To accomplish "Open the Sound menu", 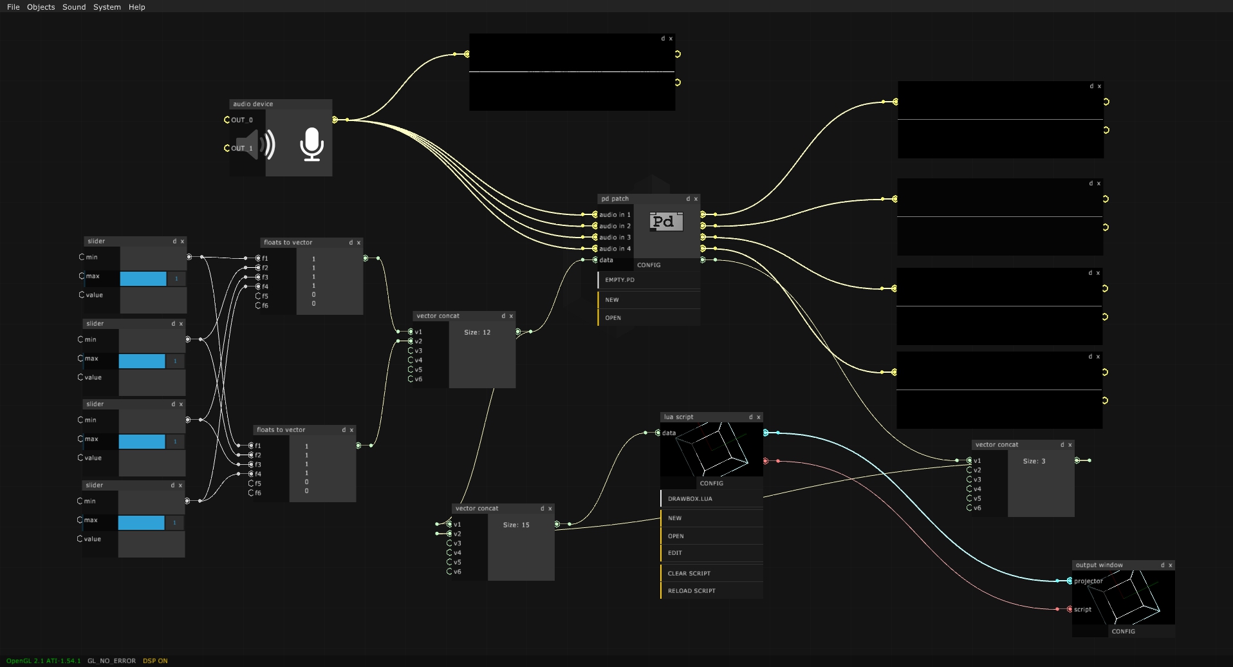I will [74, 7].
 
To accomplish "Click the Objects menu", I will [41, 7].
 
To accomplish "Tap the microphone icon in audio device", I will [311, 144].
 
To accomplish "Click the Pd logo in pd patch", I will [665, 222].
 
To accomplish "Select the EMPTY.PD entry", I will [620, 280].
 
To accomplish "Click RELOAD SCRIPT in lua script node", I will [691, 591].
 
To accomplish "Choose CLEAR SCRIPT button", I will [689, 574].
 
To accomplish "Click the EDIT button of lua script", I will [674, 553].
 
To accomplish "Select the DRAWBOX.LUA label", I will [690, 499].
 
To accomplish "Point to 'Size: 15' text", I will [516, 525].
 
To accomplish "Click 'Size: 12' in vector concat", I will [477, 333].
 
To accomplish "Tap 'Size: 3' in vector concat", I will [1034, 462].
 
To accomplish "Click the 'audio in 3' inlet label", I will [615, 238].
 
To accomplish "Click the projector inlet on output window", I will [1070, 581].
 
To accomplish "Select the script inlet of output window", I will [1070, 610].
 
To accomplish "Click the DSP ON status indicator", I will [155, 661].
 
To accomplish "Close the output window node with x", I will [1171, 565].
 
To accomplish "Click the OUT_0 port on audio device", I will [227, 120].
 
